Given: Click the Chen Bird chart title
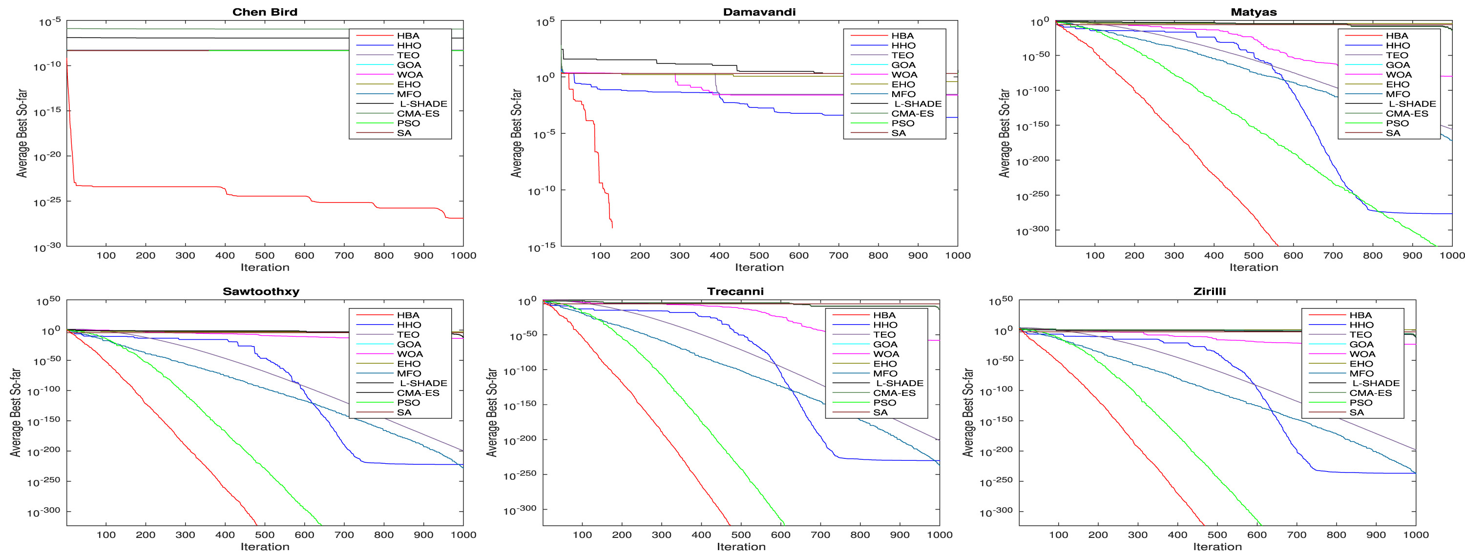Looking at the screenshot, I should [x=265, y=12].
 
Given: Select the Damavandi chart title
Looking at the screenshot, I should [x=759, y=12].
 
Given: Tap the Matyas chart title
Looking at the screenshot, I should [x=1254, y=12].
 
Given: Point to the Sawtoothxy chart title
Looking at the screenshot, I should [x=261, y=291].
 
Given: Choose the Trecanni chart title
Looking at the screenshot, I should [x=735, y=291].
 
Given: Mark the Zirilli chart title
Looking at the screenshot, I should [x=1209, y=291].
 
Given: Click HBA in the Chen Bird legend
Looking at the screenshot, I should [x=408, y=36].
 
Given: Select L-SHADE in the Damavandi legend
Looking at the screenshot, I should [x=918, y=104].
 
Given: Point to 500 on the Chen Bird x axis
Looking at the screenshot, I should [x=265, y=256].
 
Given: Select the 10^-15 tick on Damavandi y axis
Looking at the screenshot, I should [x=544, y=247].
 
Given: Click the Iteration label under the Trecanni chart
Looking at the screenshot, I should [x=740, y=547].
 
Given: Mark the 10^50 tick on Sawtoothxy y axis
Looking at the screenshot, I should [x=48, y=301].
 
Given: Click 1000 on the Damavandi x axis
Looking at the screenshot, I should [x=957, y=256].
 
